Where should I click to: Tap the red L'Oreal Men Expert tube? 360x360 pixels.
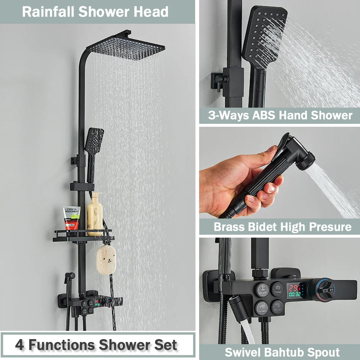pos(72,218)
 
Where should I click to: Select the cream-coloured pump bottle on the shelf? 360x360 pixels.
pos(95,215)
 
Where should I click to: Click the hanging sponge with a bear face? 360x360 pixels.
pos(105,259)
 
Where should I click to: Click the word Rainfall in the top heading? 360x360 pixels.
pos(49,12)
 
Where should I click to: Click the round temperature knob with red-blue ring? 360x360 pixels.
pos(322,290)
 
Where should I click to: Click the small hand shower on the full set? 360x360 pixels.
pos(94,140)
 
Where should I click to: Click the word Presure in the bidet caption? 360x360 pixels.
pos(331,227)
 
